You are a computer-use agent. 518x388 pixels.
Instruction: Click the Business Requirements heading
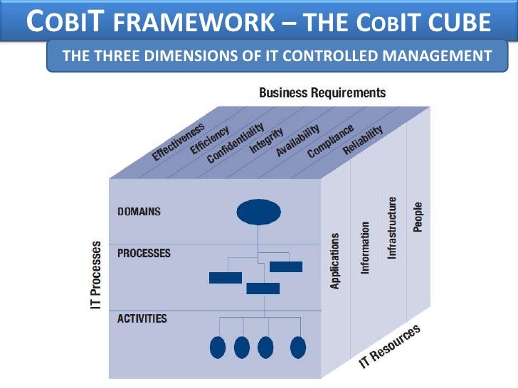point(322,93)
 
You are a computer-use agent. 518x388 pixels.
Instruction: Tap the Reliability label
point(363,139)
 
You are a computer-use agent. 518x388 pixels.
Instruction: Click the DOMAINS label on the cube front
point(139,212)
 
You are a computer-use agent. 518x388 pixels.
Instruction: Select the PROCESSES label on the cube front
point(144,253)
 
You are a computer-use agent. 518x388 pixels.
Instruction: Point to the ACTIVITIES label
point(142,318)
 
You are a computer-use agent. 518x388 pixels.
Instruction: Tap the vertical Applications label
point(335,260)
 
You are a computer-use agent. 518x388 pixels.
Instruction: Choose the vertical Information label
point(365,247)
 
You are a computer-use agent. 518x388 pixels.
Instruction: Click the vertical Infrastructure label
point(392,228)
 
